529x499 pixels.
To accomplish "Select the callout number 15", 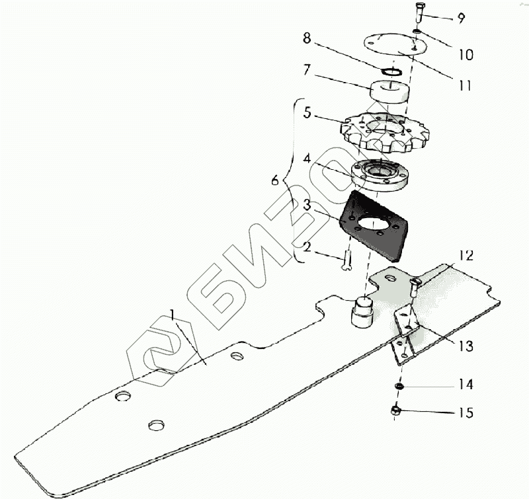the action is (466, 413).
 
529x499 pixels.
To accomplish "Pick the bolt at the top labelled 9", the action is (421, 12).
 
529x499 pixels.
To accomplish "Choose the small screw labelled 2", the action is (345, 263).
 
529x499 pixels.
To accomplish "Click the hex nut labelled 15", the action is (397, 410).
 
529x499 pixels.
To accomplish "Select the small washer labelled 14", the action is (399, 385).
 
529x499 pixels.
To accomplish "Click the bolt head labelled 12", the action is (415, 284).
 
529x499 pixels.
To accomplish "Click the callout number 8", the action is (306, 38).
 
